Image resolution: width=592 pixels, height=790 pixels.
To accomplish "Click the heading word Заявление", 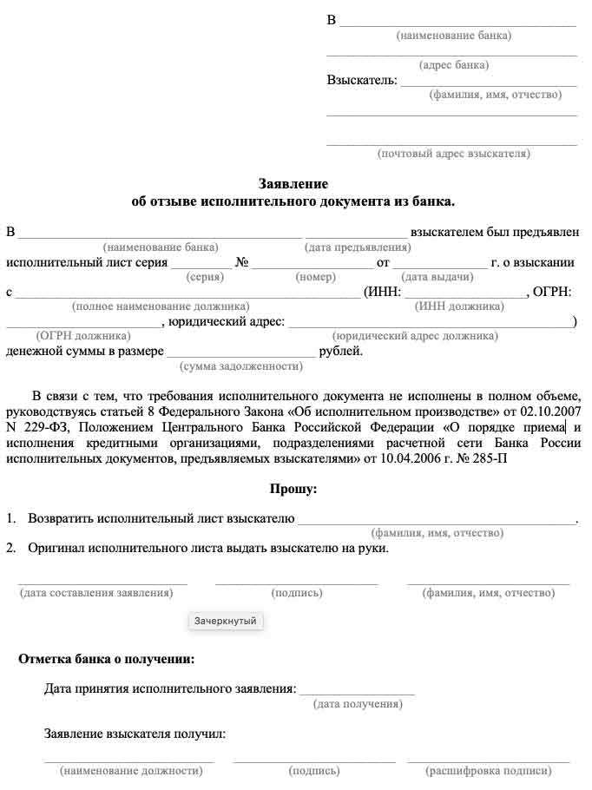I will point(293,184).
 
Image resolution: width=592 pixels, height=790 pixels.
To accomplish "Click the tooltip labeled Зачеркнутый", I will point(226,622).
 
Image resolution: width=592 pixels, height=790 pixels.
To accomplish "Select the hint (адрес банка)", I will point(453,65).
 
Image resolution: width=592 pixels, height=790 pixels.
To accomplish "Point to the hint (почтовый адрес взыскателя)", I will point(453,154).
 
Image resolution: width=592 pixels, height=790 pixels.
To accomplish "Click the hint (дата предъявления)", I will point(358,247).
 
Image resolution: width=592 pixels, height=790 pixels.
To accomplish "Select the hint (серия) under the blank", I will point(205,277).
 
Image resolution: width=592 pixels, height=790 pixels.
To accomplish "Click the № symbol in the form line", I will point(242,262).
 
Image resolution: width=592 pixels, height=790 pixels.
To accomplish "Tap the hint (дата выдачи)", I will point(437,277).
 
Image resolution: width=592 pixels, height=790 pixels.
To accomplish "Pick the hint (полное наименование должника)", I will point(161,306).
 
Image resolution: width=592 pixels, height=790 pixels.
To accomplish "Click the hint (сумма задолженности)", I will point(240,366).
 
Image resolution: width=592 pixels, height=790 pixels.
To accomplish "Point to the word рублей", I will point(340,352).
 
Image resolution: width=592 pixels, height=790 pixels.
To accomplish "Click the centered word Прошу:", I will point(293,490).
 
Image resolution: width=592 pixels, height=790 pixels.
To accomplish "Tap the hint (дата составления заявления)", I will point(96,593).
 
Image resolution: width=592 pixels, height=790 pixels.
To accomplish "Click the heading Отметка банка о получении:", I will point(106,659).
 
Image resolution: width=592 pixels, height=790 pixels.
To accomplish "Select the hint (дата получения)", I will point(358,704).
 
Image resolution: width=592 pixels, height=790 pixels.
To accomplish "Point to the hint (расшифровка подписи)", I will point(489,770).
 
